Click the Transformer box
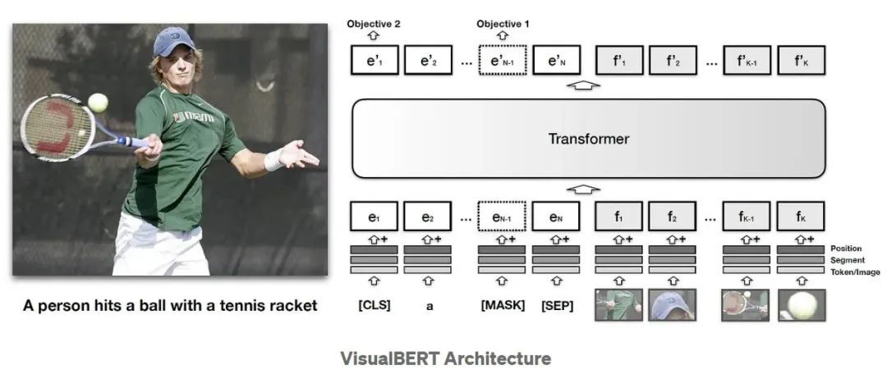pyautogui.click(x=588, y=139)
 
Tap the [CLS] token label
pyautogui.click(x=374, y=306)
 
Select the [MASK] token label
pyautogui.click(x=501, y=306)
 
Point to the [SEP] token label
pyautogui.click(x=556, y=306)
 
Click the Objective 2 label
pyautogui.click(x=374, y=24)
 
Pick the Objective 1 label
pyautogui.click(x=502, y=24)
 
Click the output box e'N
pyautogui.click(x=556, y=61)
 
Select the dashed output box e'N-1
pyautogui.click(x=502, y=61)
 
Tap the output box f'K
pyautogui.click(x=800, y=61)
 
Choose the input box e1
pyautogui.click(x=374, y=217)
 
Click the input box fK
pyautogui.click(x=800, y=217)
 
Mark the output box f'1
pyautogui.click(x=618, y=61)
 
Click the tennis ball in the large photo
pyautogui.click(x=98, y=103)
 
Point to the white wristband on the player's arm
pyautogui.click(x=273, y=159)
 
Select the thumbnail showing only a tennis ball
pyautogui.click(x=800, y=305)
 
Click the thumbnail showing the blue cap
pyautogui.click(x=672, y=305)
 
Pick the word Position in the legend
pyautogui.click(x=846, y=249)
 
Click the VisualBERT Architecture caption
pyautogui.click(x=445, y=358)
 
